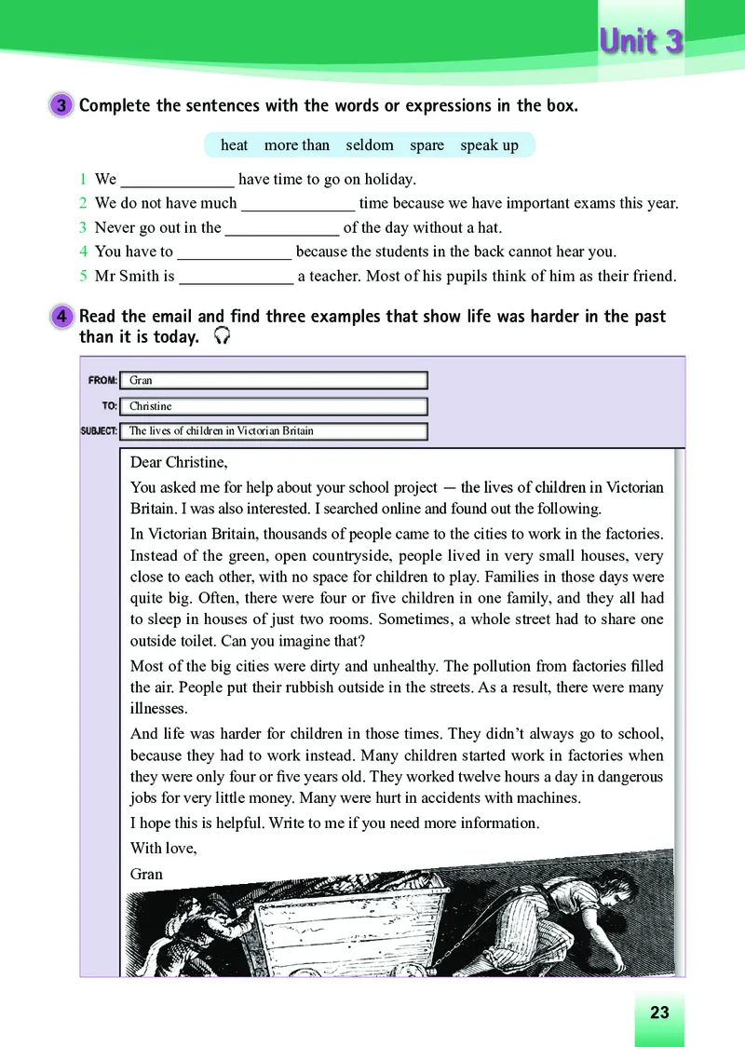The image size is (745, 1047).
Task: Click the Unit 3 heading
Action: [641, 42]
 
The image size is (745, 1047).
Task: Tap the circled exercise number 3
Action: [61, 105]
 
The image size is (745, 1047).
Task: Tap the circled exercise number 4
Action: [61, 317]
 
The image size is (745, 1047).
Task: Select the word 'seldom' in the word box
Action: [370, 145]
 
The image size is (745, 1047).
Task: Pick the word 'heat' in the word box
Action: [234, 145]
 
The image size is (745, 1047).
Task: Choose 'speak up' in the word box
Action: [489, 145]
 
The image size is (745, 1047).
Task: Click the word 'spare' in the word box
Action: [427, 145]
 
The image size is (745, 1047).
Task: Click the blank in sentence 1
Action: [178, 180]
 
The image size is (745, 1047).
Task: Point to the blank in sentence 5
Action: [236, 277]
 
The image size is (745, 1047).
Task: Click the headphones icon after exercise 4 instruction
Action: [222, 337]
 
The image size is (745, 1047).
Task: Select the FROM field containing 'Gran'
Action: [277, 380]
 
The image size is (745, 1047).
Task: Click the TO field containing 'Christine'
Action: [277, 406]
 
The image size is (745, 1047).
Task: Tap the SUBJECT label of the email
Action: [99, 431]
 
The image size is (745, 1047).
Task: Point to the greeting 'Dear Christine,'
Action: [179, 462]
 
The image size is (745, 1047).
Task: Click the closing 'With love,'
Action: [163, 849]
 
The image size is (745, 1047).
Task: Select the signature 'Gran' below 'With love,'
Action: [147, 874]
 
